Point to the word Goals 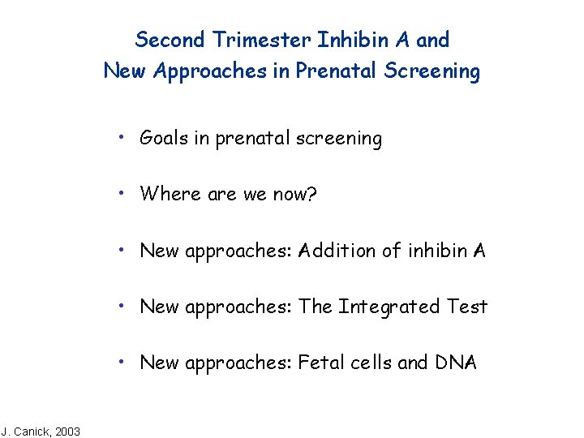164,139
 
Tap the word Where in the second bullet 165,194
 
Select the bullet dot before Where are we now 119,192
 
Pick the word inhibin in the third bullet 436,251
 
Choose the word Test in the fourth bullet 467,307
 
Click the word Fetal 321,363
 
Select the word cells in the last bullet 371,363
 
